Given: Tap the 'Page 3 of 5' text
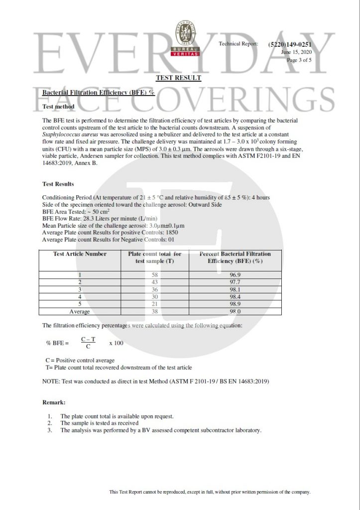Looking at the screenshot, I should tap(299, 60).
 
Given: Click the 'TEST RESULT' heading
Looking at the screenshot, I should tap(178, 78).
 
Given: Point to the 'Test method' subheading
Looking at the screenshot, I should tap(58, 107).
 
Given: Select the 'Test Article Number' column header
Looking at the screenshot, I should tap(80, 254).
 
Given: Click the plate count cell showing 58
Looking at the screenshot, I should tap(154, 275).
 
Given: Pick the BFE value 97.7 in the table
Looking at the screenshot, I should tap(236, 282).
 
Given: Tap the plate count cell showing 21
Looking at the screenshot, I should tap(154, 304).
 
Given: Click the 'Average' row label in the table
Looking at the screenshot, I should tap(80, 312).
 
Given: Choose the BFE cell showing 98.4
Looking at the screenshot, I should tap(236, 297).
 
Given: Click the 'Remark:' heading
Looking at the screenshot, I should tap(54, 402).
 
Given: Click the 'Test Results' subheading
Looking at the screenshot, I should tap(58, 184).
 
